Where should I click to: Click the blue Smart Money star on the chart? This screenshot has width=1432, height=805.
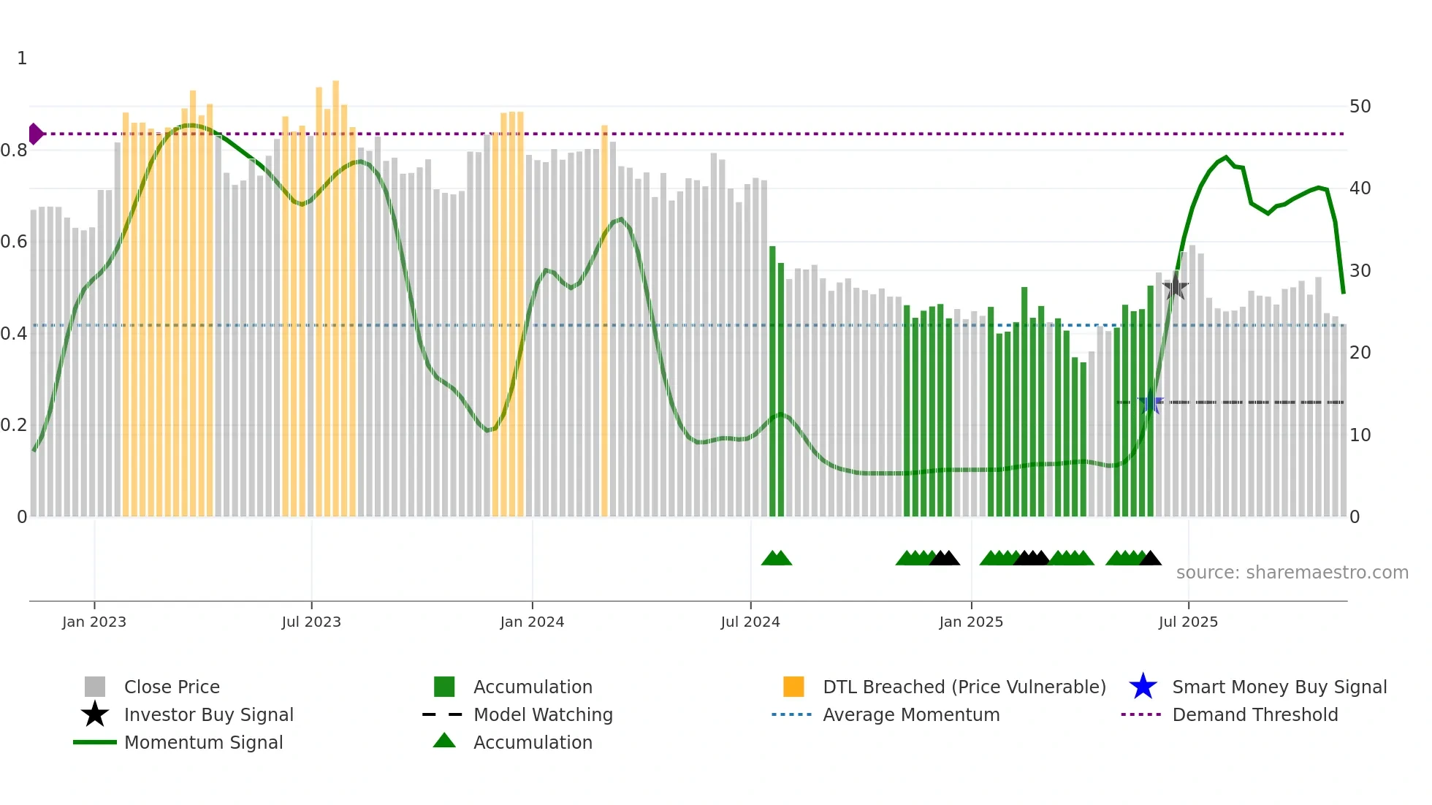[x=1150, y=402]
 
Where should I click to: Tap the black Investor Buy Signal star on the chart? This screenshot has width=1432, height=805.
[x=1175, y=286]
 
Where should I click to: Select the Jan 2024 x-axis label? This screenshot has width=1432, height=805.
[x=532, y=622]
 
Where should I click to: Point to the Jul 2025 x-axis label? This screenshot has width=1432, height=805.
[x=1188, y=622]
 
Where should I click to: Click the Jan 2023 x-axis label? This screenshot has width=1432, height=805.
[x=94, y=622]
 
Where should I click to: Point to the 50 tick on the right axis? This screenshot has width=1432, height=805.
[x=1360, y=107]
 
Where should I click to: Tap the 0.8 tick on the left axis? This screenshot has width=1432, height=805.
[x=14, y=150]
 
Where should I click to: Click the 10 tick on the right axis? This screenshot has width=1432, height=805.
[x=1360, y=435]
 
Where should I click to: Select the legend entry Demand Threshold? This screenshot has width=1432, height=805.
[x=1254, y=714]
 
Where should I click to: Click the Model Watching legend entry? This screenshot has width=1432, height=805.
[x=543, y=714]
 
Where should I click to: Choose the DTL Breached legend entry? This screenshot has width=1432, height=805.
[x=964, y=687]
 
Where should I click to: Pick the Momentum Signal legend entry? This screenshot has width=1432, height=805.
[x=203, y=742]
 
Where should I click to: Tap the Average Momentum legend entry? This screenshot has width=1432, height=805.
[x=911, y=714]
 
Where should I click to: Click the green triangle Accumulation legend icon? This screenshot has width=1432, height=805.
[x=444, y=741]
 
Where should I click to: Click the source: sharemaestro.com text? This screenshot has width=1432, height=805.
[x=1292, y=572]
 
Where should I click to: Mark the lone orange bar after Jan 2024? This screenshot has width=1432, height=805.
[x=604, y=321]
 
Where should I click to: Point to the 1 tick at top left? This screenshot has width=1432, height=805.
[x=22, y=58]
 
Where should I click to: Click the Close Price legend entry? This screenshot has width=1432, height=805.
[x=172, y=687]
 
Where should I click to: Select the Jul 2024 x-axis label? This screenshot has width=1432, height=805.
[x=750, y=622]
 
